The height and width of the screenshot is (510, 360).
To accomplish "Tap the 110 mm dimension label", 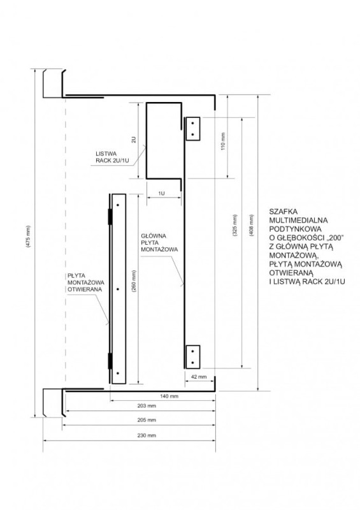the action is (x=223, y=141).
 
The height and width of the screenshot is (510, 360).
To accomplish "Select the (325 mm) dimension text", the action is (x=235, y=225).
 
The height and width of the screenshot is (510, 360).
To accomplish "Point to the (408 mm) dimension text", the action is (x=252, y=225).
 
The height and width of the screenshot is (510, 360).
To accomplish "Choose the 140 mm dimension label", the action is (x=169, y=396).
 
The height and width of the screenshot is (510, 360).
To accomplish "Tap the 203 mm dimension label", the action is (x=147, y=405).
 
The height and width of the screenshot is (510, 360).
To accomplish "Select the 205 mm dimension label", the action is (x=147, y=420).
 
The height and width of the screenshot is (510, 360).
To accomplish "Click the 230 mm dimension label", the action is (x=147, y=435).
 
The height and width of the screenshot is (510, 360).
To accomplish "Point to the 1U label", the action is (x=161, y=193).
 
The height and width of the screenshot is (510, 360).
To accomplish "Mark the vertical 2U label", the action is (x=134, y=140).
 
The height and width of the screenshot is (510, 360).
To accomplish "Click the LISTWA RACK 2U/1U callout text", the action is (x=112, y=157).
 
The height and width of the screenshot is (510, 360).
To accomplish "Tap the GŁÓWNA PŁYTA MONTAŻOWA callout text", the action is (x=159, y=243).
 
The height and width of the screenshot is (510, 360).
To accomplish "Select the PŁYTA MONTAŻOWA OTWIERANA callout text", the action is (x=86, y=282).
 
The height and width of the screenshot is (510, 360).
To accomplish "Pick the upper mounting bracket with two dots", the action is (x=193, y=129).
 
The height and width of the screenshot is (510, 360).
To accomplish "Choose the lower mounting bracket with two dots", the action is (x=193, y=357).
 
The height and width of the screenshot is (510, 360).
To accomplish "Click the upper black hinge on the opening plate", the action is (x=110, y=217).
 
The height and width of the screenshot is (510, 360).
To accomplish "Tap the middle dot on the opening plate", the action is (x=118, y=289).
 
